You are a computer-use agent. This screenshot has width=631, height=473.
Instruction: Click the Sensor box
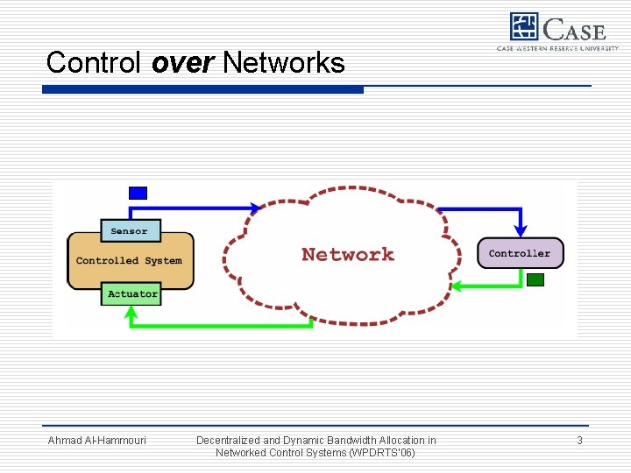(130, 231)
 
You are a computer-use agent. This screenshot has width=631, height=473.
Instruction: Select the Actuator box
(132, 294)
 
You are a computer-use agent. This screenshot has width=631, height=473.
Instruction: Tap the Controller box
(520, 253)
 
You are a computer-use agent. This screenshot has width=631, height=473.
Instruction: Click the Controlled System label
(129, 260)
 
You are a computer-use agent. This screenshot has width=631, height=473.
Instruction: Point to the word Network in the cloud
(348, 255)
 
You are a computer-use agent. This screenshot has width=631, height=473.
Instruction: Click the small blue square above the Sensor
(138, 193)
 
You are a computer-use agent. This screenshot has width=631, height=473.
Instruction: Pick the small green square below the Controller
(535, 280)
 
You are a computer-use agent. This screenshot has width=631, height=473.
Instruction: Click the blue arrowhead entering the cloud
(256, 208)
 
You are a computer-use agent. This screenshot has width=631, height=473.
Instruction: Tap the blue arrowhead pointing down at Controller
(521, 230)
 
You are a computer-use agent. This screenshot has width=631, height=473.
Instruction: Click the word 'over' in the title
(183, 62)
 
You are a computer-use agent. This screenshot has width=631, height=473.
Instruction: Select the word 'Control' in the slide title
(95, 62)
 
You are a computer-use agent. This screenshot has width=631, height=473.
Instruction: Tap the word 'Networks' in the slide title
(284, 62)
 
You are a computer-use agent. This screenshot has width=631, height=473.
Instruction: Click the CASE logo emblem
(524, 28)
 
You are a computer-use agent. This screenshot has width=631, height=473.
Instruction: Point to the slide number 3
(579, 441)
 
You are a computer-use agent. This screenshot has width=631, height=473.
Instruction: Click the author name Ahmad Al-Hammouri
(96, 441)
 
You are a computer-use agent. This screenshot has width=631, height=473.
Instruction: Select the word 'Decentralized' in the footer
(230, 441)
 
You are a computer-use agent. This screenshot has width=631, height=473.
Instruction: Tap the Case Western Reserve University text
(557, 48)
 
